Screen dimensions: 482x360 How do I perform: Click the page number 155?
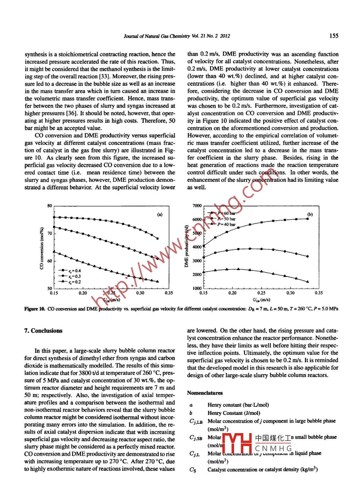(333, 35)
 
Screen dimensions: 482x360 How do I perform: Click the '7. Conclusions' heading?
(43, 331)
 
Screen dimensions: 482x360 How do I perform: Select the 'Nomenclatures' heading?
(205, 393)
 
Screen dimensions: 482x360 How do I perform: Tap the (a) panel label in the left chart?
(160, 214)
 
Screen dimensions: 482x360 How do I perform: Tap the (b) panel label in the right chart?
(310, 214)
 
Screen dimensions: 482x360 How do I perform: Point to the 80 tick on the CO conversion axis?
(50, 206)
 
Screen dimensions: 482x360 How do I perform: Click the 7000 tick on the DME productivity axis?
(197, 206)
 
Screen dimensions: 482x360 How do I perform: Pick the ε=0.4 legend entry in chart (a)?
(71, 271)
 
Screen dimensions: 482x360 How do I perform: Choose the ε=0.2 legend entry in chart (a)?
(71, 282)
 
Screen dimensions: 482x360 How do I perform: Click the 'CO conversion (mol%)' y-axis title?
(42, 248)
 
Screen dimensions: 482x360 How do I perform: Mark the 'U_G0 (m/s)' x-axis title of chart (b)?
(261, 300)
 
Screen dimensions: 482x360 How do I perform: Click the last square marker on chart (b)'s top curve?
(307, 219)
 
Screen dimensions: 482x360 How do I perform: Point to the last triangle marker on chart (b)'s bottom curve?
(307, 282)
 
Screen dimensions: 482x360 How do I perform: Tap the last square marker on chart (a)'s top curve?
(158, 238)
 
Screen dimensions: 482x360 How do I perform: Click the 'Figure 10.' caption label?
(34, 309)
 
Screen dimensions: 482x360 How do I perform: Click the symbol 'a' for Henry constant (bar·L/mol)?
(191, 405)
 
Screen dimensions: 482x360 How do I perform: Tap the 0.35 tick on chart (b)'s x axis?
(319, 293)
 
